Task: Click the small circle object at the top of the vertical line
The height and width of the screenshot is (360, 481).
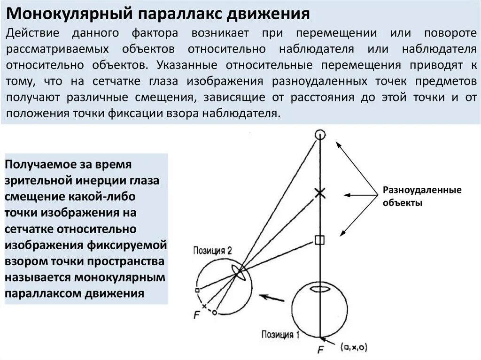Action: click(320, 135)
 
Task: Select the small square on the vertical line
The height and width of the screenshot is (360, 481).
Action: click(319, 240)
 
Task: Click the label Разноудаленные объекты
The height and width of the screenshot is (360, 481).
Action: click(416, 197)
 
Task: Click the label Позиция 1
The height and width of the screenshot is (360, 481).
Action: click(280, 335)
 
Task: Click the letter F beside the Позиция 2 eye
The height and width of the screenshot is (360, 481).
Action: click(197, 315)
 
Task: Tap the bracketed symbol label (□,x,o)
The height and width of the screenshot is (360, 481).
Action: click(355, 347)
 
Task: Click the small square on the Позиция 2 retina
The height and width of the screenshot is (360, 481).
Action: click(198, 290)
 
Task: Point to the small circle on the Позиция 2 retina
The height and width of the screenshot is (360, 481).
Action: click(214, 312)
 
